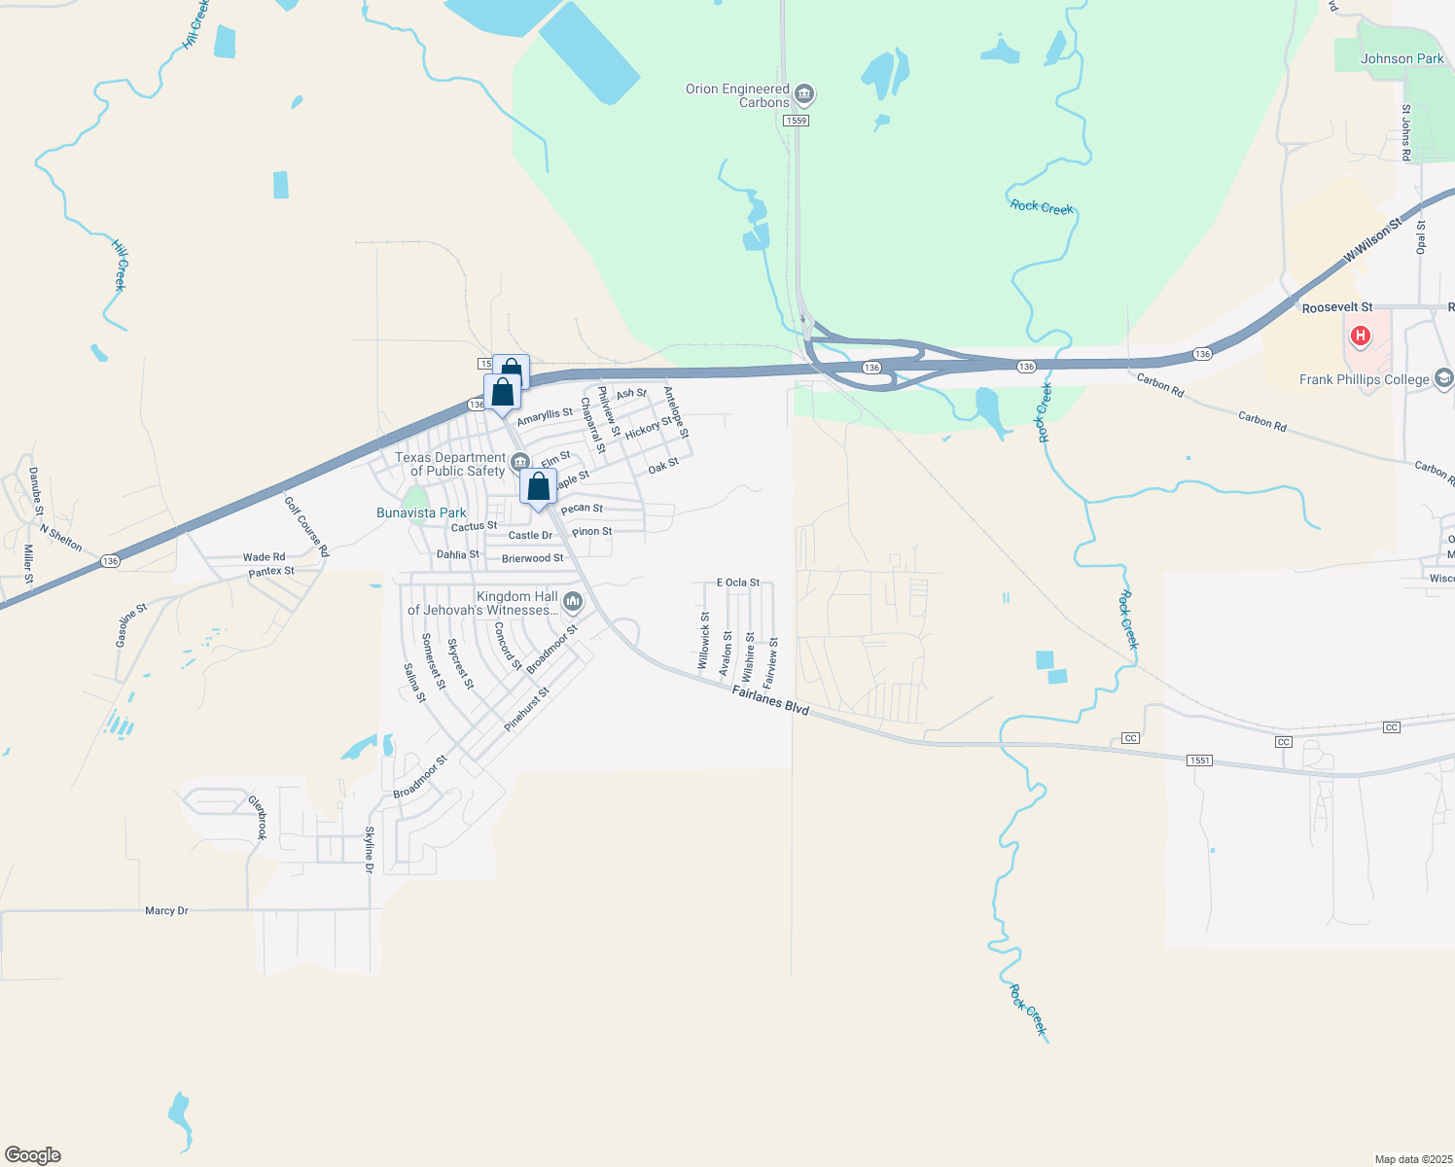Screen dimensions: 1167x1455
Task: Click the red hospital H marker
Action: (x=1361, y=337)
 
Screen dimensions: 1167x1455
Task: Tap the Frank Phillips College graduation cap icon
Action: (x=1443, y=378)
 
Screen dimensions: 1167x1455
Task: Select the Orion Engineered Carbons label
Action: (x=737, y=95)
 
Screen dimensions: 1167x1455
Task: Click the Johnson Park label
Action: (x=1402, y=58)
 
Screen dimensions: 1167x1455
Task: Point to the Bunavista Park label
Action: (x=421, y=513)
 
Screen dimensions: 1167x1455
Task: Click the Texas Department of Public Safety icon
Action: (x=520, y=461)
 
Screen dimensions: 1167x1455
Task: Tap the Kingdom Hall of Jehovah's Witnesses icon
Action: (x=573, y=603)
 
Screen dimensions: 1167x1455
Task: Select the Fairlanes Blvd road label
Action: (x=770, y=700)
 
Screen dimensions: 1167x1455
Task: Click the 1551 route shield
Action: (x=1199, y=760)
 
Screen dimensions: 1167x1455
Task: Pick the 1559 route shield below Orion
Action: (x=796, y=121)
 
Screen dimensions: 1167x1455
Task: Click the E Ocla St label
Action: (x=738, y=583)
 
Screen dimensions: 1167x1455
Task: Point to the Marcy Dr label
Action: (x=166, y=911)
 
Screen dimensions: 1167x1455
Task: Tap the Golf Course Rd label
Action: (x=306, y=526)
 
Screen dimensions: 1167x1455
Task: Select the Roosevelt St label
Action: (x=1337, y=307)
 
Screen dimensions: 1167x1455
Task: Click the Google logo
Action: (x=33, y=1155)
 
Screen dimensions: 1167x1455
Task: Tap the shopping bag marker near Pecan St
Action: (x=538, y=488)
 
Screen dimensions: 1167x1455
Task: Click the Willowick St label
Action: (x=704, y=640)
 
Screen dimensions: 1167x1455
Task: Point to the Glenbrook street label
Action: (x=258, y=818)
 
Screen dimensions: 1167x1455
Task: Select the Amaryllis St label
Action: (x=545, y=416)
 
